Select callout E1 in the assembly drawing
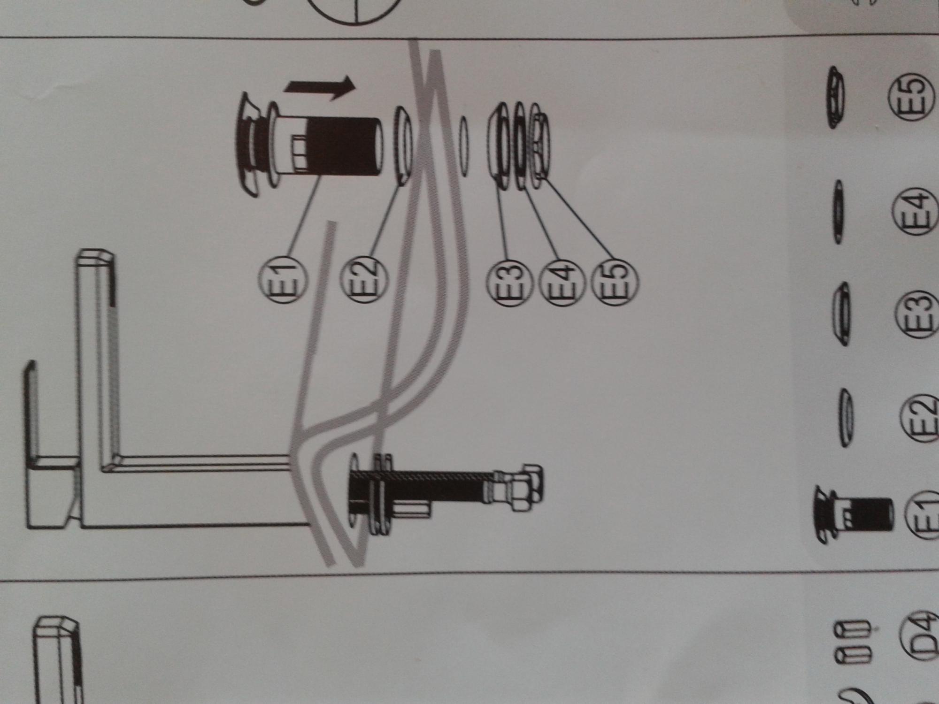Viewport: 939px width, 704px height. [283, 280]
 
